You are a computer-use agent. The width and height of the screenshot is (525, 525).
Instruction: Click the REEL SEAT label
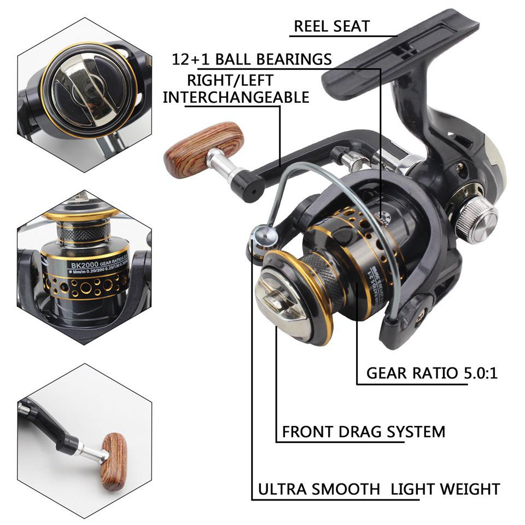(331, 26)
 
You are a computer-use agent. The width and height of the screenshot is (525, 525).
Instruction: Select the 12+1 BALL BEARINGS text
(252, 59)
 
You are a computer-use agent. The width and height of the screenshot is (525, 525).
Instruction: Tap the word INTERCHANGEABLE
(236, 97)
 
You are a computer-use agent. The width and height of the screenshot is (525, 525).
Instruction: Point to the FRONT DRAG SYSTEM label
(363, 431)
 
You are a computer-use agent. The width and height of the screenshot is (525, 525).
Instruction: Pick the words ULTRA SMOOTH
(318, 489)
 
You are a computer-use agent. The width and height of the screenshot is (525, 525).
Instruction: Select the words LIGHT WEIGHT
(445, 489)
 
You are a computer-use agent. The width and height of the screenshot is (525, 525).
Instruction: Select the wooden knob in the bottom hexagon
(114, 460)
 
